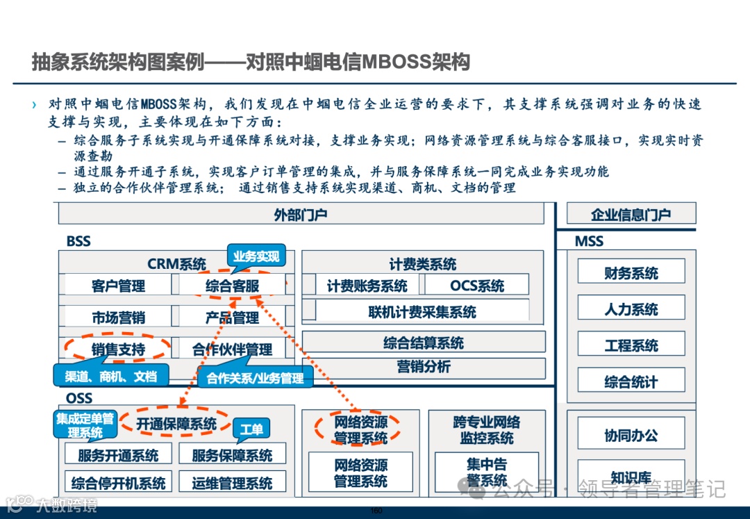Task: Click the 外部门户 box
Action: tap(300, 215)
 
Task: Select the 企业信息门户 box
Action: tap(631, 215)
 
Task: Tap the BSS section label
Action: tap(78, 242)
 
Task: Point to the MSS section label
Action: tap(589, 242)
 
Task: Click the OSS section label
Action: tap(79, 399)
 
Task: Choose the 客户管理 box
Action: tap(118, 286)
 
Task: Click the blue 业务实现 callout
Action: tap(256, 257)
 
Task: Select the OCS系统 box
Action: tap(477, 286)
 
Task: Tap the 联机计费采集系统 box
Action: tap(422, 312)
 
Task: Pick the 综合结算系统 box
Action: tap(424, 343)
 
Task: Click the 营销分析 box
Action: tap(424, 368)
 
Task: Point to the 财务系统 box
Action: tap(631, 272)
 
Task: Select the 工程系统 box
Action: tap(631, 345)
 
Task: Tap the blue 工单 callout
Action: tap(251, 430)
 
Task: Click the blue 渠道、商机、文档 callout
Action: tap(111, 377)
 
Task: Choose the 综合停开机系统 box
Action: tap(118, 482)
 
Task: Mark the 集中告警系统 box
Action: tap(486, 472)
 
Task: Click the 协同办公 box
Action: tap(631, 436)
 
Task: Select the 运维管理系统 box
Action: tap(232, 482)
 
